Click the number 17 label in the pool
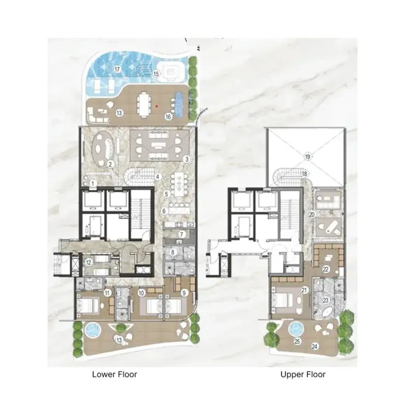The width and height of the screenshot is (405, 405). click(x=117, y=69)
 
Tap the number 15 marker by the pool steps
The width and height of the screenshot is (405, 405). click(x=156, y=74)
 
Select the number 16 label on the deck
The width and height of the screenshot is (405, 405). click(x=168, y=117)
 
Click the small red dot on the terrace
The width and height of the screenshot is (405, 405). click(x=156, y=106)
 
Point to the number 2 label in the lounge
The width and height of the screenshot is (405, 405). click(x=110, y=164)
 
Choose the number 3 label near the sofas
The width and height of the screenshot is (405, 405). click(x=187, y=159)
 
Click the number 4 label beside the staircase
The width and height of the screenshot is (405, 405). click(x=158, y=177)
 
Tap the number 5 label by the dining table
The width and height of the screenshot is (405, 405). click(x=166, y=194)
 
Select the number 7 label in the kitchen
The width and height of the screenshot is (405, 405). click(x=182, y=234)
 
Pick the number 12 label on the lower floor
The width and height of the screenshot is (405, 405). click(x=89, y=263)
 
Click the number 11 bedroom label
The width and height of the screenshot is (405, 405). click(x=108, y=293)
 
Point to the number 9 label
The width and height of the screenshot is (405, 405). click(x=184, y=293)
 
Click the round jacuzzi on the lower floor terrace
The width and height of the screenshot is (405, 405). click(x=92, y=330)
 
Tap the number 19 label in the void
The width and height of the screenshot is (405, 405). click(x=307, y=156)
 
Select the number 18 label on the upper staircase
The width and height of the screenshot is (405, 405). click(x=304, y=174)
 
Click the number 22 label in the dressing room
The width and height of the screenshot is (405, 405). click(x=326, y=269)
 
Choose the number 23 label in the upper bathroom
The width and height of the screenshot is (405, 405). click(x=326, y=300)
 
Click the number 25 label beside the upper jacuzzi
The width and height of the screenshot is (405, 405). click(x=297, y=341)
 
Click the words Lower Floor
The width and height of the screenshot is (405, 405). click(x=115, y=374)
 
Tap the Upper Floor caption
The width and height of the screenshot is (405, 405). click(x=303, y=374)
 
